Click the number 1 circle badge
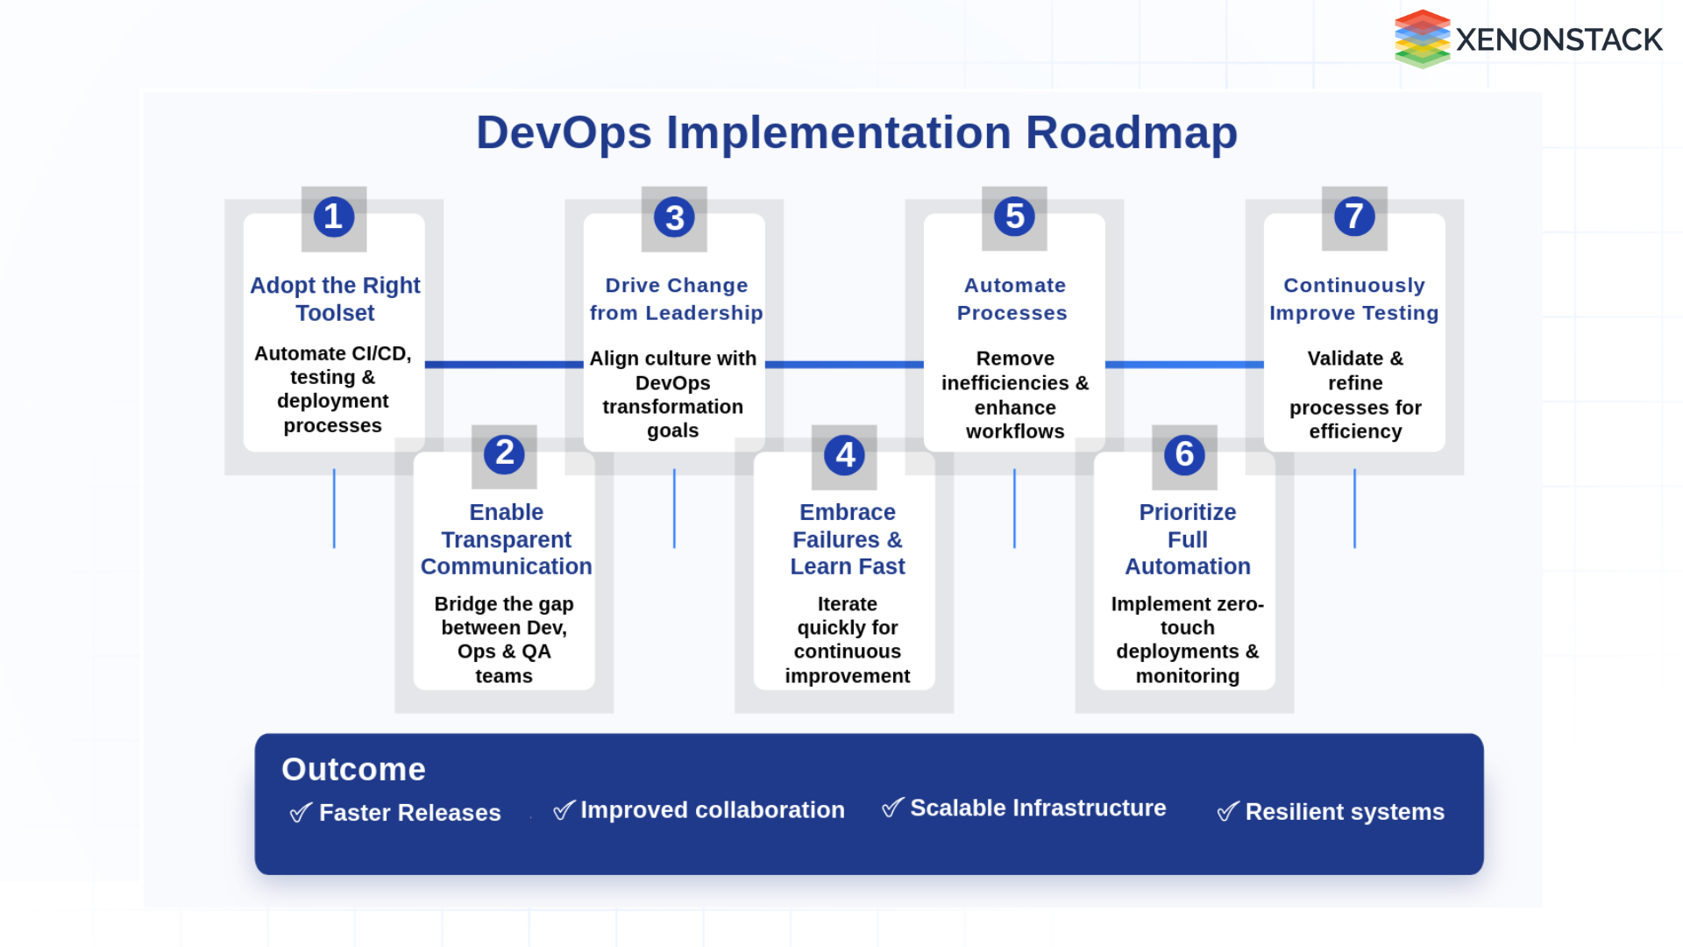(x=333, y=217)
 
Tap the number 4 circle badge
(x=844, y=455)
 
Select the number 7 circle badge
(x=1354, y=217)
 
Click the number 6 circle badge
(x=1184, y=455)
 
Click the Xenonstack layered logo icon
(x=1422, y=39)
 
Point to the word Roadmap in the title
(x=1131, y=133)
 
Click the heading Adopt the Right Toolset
(x=335, y=299)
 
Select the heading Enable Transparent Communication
(x=506, y=539)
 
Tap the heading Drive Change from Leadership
(x=676, y=299)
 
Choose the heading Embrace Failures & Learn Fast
(x=847, y=539)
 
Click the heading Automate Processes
(x=1013, y=299)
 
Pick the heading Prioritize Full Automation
(x=1187, y=539)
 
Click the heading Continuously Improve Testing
(x=1353, y=299)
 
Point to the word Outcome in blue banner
(x=353, y=769)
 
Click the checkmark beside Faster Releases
(x=300, y=813)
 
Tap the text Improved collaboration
(x=712, y=810)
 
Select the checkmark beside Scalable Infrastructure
(x=891, y=808)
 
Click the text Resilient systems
(x=1344, y=812)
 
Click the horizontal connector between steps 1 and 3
(x=504, y=364)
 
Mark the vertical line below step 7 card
(x=1354, y=509)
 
